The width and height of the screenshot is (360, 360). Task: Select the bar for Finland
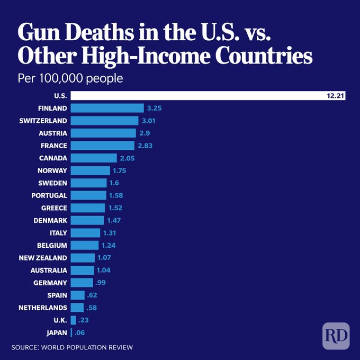coord(107,108)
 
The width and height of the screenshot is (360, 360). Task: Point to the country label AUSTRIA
coord(53,133)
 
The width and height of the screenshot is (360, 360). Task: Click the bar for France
coord(102,146)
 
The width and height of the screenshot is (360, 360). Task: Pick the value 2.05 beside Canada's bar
coord(126,158)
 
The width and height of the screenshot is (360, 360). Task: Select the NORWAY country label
coord(52,170)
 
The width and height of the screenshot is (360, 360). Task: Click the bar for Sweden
coord(88,183)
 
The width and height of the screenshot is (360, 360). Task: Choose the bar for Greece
coord(87,208)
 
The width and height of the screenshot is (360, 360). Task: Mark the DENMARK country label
coord(50,220)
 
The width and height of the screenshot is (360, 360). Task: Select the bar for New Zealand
coord(83,258)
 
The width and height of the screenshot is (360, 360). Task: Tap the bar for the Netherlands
coord(77,308)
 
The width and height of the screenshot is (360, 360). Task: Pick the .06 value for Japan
coord(80,332)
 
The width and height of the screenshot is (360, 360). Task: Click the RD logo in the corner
coord(336,336)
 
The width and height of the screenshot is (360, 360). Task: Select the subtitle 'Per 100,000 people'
coord(70,79)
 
